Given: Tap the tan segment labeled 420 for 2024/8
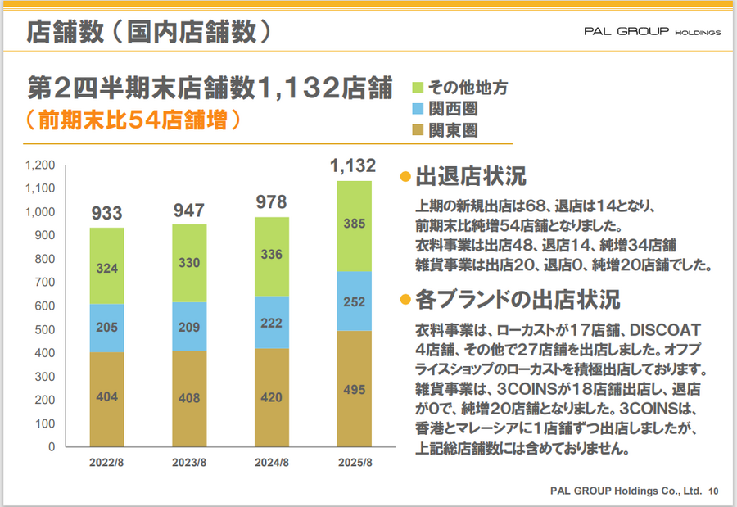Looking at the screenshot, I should [x=272, y=397].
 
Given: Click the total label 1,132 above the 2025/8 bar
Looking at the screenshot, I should [x=353, y=167].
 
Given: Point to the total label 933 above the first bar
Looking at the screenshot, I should [x=106, y=214].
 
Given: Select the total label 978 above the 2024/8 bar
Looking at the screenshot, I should [x=272, y=202].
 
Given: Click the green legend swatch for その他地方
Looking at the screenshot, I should [x=418, y=87].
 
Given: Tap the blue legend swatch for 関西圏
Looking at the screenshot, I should [x=418, y=108].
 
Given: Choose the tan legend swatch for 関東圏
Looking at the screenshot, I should [x=418, y=129].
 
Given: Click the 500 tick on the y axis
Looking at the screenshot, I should [x=44, y=329].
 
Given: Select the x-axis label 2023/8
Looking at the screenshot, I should [x=189, y=463].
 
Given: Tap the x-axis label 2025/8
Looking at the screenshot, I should [x=354, y=463].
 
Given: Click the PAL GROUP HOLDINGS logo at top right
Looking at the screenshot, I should [x=652, y=32].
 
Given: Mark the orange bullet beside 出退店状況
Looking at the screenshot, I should [x=404, y=178].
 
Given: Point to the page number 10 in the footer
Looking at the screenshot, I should [x=713, y=491].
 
